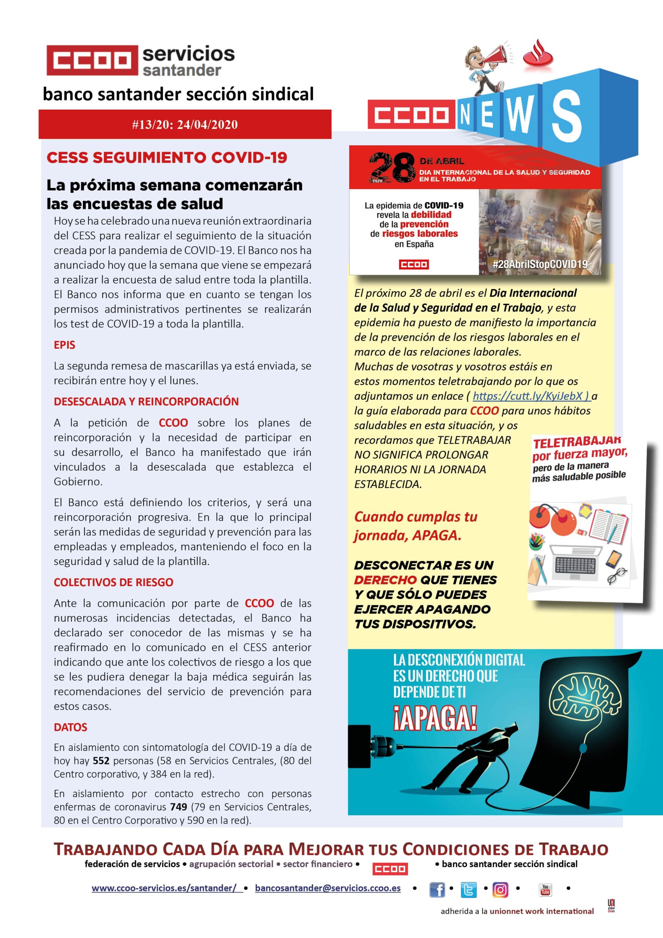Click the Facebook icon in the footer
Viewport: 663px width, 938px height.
pos(437,889)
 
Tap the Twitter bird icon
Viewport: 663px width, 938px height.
pos(468,889)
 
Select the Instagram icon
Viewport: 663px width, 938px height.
pos(500,889)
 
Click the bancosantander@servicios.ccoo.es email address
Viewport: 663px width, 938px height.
pos(327,888)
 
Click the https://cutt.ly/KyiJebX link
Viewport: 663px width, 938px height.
pos(531,396)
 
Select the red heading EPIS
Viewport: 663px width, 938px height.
pos(64,345)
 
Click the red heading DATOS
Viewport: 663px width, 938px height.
pos(71,727)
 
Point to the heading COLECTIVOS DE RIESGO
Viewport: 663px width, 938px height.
pos(114,582)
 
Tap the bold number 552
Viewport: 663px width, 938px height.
pos(101,761)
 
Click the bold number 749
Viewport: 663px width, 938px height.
pos(178,807)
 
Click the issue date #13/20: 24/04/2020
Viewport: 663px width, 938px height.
pos(185,124)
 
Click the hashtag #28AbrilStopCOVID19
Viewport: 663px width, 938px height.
pos(540,264)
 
